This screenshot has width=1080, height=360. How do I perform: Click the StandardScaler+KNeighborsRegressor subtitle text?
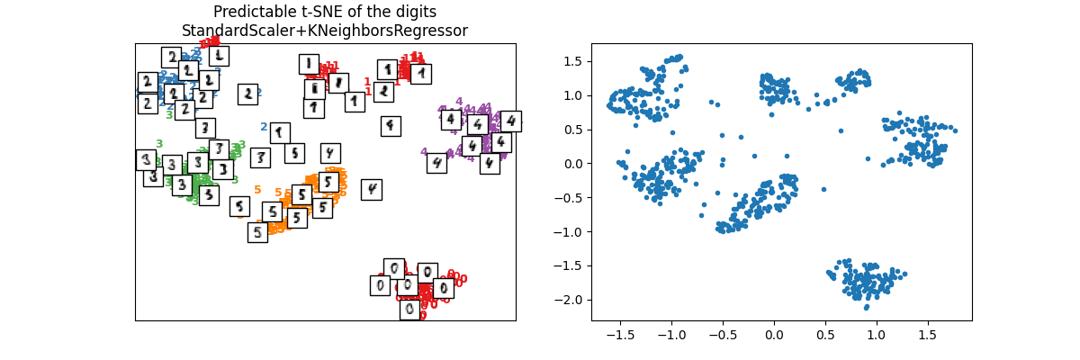click(325, 31)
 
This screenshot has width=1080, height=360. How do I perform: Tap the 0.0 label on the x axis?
click(773, 334)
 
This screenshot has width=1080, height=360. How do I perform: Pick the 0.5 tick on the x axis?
click(824, 334)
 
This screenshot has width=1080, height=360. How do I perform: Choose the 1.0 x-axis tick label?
click(876, 334)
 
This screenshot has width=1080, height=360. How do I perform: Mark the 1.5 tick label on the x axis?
click(927, 334)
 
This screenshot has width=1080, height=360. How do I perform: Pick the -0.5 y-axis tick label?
click(571, 198)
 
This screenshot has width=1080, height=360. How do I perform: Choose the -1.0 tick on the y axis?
click(571, 232)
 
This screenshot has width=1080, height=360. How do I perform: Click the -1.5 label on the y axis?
click(571, 265)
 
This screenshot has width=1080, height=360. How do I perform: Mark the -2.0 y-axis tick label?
click(571, 300)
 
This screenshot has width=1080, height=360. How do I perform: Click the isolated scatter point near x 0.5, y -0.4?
click(823, 189)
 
